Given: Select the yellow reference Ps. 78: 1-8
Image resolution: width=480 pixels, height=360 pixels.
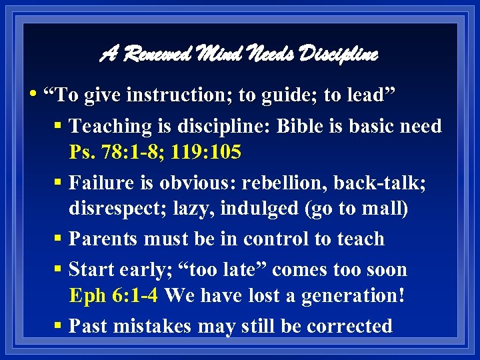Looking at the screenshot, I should coord(111,153).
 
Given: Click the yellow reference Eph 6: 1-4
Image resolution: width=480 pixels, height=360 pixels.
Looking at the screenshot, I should coord(113,295).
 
